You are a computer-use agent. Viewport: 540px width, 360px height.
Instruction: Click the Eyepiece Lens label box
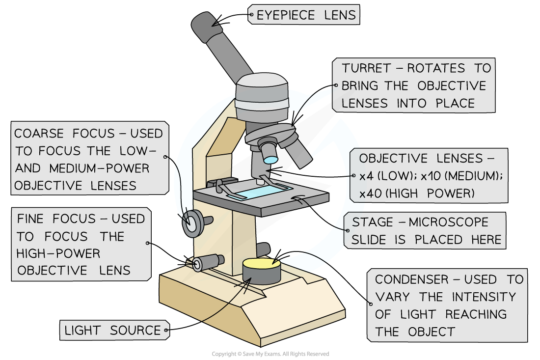click(x=304, y=15)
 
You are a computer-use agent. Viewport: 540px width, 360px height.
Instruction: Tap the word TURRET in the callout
click(x=366, y=68)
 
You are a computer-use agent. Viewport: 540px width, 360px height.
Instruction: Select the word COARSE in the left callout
click(x=39, y=134)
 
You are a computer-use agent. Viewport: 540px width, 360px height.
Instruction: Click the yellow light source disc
click(x=261, y=265)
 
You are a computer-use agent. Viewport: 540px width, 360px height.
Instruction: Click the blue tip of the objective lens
click(x=270, y=159)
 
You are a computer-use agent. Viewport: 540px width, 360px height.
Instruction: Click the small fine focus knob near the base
click(x=199, y=264)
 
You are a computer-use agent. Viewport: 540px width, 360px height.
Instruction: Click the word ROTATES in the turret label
click(x=435, y=68)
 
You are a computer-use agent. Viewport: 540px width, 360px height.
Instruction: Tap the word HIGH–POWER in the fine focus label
click(x=58, y=253)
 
